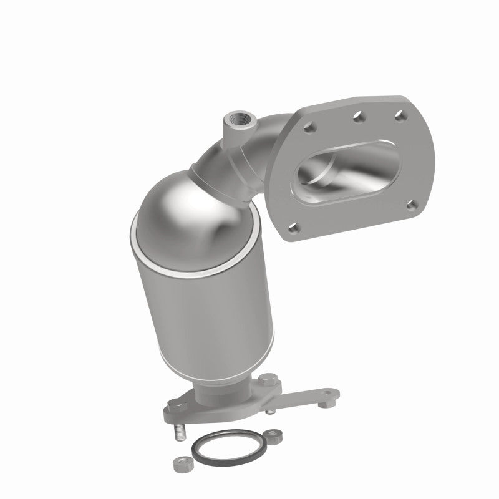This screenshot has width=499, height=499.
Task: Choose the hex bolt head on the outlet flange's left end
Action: click(174, 406)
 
